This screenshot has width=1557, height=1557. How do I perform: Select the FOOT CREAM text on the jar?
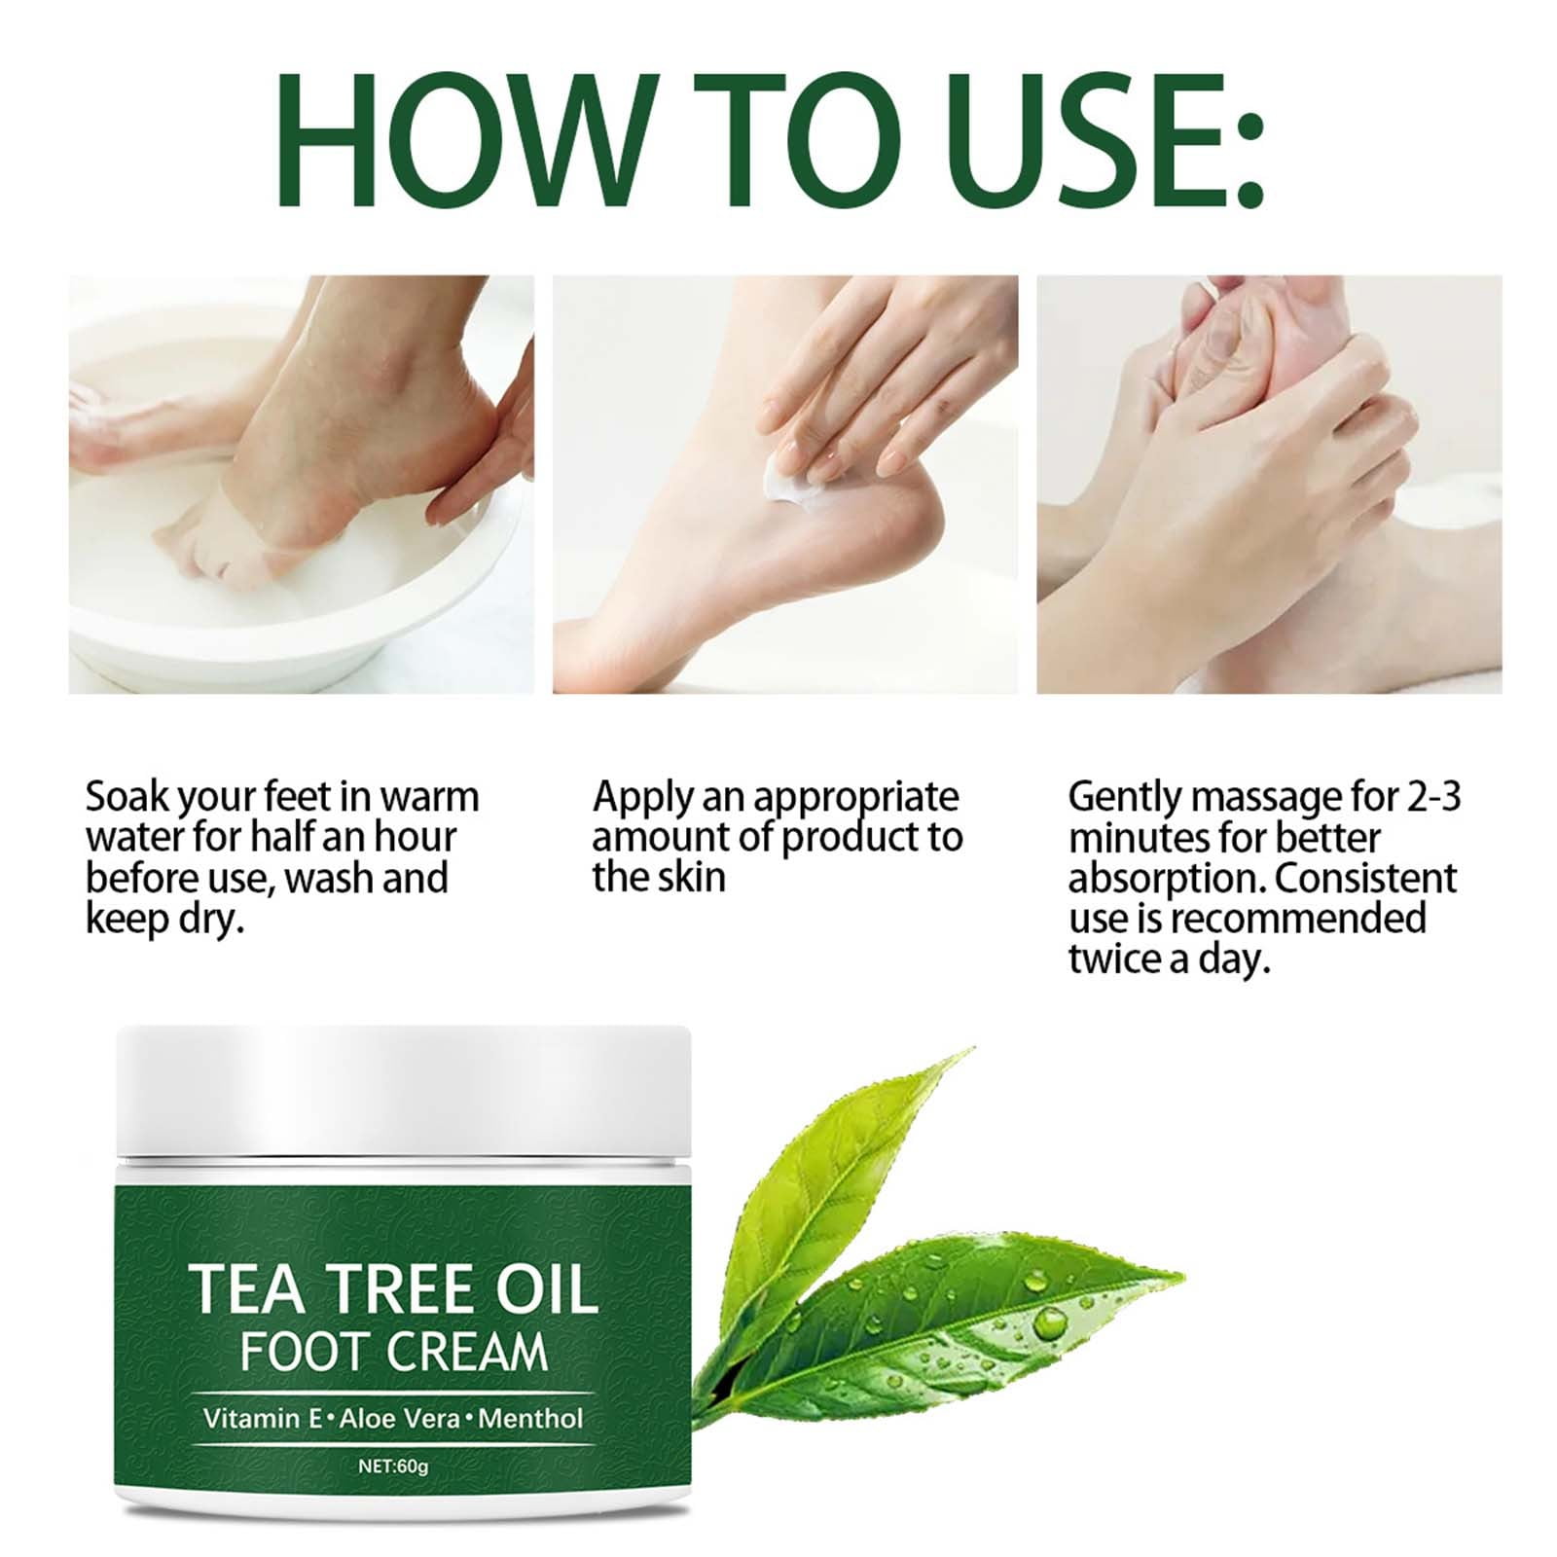[x=393, y=1353]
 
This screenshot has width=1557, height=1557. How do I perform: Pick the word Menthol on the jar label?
[x=530, y=1418]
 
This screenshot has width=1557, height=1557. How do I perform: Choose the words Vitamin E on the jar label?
[x=264, y=1418]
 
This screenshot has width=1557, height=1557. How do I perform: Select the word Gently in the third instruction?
[x=1124, y=799]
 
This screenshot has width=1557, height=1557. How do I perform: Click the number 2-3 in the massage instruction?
[x=1434, y=797]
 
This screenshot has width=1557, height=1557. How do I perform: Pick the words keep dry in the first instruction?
[x=163, y=921]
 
